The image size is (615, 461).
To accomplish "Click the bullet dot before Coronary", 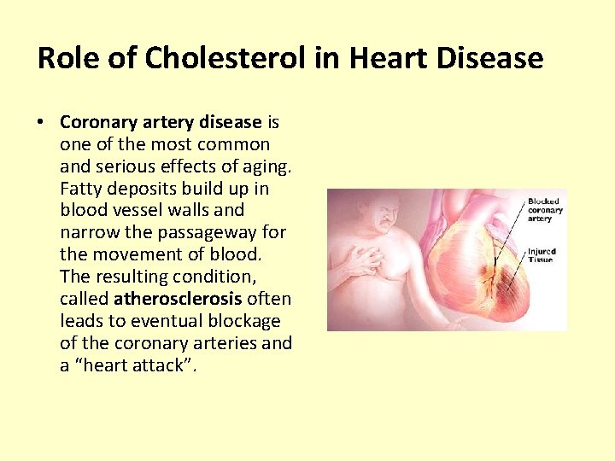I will (42, 122).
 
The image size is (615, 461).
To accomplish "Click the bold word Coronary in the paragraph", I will (95, 122).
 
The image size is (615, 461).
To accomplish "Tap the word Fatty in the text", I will (82, 189).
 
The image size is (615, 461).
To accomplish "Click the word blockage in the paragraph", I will (245, 321).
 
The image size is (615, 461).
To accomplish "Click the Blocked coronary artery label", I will (545, 210).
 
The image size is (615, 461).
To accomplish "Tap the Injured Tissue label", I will (542, 255).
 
